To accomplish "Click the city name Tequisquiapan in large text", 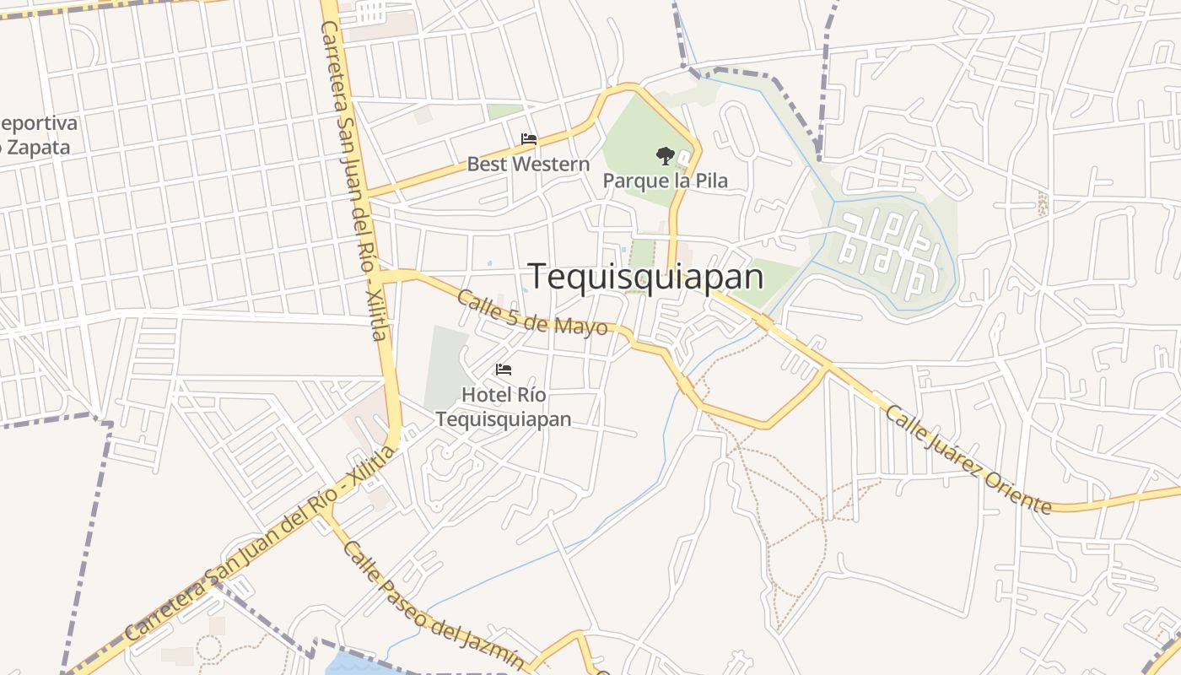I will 645,277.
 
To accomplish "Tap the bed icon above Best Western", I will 529,139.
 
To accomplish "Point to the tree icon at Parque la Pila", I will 665,156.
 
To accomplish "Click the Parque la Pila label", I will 665,181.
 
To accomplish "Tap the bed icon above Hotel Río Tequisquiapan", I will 504,370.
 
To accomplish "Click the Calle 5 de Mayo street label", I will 531,312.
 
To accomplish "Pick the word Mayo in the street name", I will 583,324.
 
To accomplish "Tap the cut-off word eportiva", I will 39,123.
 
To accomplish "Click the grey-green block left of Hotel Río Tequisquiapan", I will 445,367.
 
